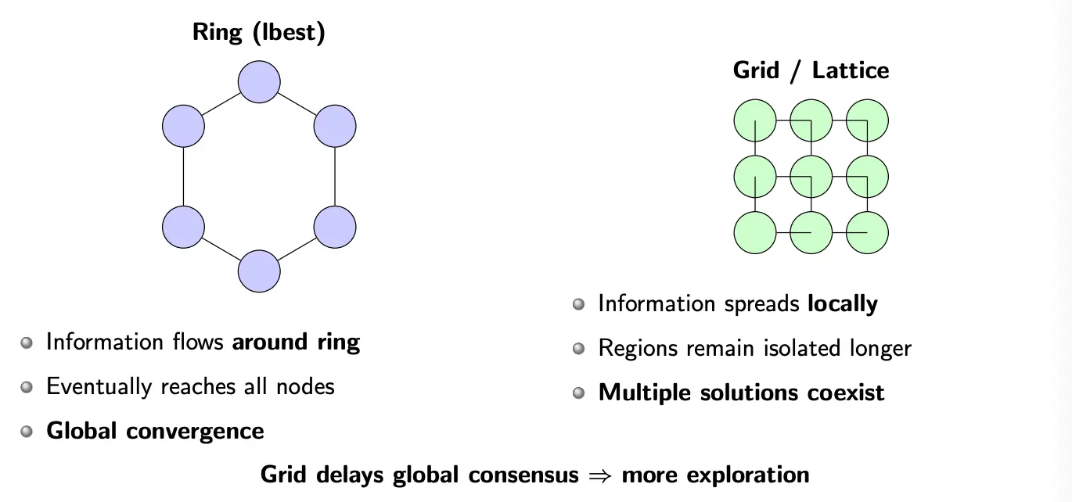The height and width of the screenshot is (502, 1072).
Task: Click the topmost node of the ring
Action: click(259, 82)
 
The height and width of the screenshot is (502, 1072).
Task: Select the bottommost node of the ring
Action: click(259, 271)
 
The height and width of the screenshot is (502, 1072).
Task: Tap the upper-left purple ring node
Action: click(183, 126)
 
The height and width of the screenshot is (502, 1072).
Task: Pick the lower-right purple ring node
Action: click(335, 227)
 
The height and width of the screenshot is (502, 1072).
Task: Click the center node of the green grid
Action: click(811, 177)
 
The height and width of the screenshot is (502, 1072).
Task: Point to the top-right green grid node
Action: click(867, 121)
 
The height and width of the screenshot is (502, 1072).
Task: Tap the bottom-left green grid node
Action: click(755, 232)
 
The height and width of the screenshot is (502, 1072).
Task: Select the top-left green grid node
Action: click(755, 121)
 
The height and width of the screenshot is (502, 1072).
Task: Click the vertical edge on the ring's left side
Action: click(183, 177)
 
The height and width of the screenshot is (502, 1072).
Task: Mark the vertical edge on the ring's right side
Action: click(335, 177)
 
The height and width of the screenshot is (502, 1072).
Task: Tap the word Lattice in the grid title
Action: click(851, 70)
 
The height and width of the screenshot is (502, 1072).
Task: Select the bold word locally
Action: click(843, 303)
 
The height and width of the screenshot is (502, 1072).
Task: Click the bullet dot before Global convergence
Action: click(27, 431)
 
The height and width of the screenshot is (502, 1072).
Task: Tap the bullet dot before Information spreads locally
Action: click(578, 303)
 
